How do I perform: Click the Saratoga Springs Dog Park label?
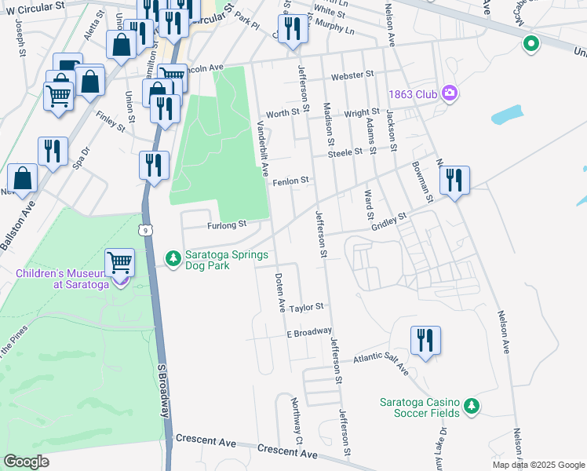click(x=227, y=261)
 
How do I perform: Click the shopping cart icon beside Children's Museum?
click(x=119, y=261)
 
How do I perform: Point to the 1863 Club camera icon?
click(x=449, y=94)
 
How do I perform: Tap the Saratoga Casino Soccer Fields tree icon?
click(x=471, y=406)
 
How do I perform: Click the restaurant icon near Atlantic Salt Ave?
click(x=425, y=341)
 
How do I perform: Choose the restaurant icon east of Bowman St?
click(x=454, y=181)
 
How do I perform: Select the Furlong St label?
click(x=227, y=225)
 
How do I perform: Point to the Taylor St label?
click(x=305, y=309)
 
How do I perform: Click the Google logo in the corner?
click(x=26, y=462)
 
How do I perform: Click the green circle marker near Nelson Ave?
click(x=531, y=44)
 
